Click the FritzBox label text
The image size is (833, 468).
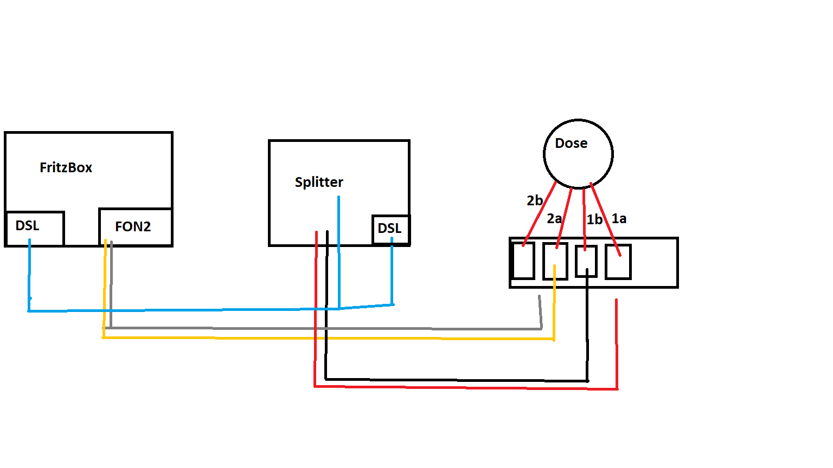(x=66, y=167)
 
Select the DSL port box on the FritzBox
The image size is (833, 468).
(x=35, y=228)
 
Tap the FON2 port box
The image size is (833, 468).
(x=136, y=226)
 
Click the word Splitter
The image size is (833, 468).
(x=319, y=182)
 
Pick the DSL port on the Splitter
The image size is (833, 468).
(x=390, y=229)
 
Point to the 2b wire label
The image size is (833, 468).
(x=535, y=200)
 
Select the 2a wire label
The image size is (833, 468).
(x=554, y=218)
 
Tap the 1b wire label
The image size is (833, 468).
(x=594, y=219)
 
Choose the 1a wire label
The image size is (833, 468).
(x=619, y=218)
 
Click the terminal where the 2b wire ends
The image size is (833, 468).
(x=524, y=261)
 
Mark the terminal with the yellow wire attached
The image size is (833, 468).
(x=555, y=261)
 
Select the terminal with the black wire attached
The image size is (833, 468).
(x=586, y=261)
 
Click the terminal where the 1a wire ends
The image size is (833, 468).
(x=618, y=262)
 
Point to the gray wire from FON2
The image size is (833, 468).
(x=325, y=328)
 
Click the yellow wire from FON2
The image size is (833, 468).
(x=325, y=338)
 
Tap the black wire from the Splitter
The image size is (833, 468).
(x=456, y=380)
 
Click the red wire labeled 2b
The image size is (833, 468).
(x=540, y=214)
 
